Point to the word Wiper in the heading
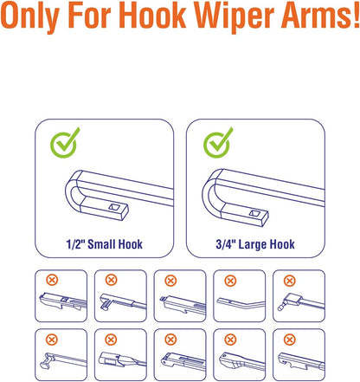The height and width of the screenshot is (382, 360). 234,16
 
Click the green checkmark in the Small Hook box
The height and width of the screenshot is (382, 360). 65,143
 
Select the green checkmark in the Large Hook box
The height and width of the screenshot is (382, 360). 217,143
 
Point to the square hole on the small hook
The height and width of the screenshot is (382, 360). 114,206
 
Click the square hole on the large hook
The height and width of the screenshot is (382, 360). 254,213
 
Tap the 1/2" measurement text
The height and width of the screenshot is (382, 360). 75,244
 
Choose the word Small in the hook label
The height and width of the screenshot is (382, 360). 100,244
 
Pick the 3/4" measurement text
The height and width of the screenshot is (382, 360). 226,244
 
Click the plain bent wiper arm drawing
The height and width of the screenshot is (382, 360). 241,303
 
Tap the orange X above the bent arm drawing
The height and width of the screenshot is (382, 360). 230,281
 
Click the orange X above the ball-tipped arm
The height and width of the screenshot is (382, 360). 290,281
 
